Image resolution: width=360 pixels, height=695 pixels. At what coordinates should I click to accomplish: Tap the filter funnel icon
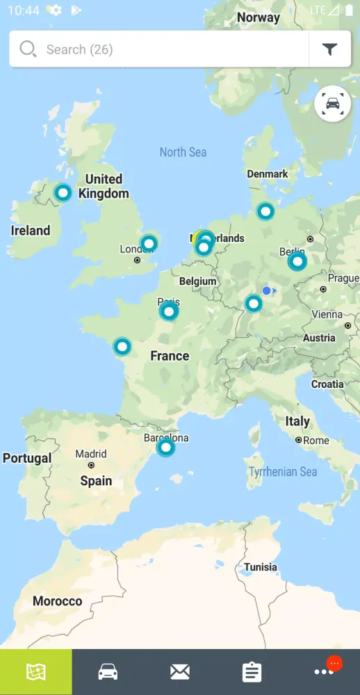coord(329,49)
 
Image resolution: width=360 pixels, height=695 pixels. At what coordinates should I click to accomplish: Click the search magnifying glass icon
coord(28,49)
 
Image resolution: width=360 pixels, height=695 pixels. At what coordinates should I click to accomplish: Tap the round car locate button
coord(332,104)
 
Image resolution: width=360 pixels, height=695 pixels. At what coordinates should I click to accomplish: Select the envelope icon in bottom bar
coord(180,671)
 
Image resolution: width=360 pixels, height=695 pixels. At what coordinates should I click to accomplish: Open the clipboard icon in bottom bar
coord(252,671)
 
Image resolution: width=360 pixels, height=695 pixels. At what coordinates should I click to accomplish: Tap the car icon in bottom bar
coord(108,671)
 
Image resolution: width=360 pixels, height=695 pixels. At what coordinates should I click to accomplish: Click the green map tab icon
coord(35,671)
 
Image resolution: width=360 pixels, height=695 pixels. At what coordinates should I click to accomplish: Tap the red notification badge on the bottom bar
coord(334,664)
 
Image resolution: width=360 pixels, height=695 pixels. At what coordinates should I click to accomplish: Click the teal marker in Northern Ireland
coord(63,193)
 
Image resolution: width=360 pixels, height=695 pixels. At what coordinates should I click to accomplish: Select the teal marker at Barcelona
coord(165,447)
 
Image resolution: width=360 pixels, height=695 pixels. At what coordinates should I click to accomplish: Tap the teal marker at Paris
coord(169,311)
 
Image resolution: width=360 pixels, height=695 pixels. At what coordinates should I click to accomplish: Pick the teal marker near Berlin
coord(297,261)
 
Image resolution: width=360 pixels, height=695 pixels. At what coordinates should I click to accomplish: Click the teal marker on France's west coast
coord(122,346)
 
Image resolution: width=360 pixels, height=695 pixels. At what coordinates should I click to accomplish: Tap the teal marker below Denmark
coord(265,211)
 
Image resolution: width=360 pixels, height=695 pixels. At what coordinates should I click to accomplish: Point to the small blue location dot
coord(266,291)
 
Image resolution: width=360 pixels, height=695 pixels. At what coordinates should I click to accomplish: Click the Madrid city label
coord(91,454)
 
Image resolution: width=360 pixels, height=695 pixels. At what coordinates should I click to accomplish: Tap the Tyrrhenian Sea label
coord(283,472)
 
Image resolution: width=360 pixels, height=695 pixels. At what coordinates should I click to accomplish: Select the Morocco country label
coord(57,601)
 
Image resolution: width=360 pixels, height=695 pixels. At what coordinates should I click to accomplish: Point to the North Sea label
coord(183,152)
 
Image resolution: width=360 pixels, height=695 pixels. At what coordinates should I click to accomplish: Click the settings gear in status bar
coord(55,10)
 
